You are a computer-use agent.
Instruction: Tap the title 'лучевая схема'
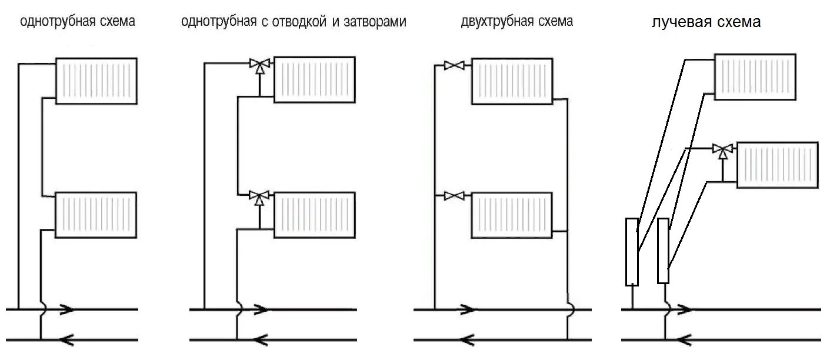(x=706, y=22)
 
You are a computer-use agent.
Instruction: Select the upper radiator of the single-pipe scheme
(x=96, y=81)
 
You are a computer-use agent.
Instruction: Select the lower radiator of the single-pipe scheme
(x=96, y=215)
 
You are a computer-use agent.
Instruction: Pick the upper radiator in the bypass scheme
(x=315, y=79)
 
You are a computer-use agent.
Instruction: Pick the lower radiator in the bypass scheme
(x=315, y=215)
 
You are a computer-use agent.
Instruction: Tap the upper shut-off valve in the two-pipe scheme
(x=454, y=65)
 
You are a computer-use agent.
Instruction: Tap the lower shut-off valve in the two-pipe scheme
(x=454, y=195)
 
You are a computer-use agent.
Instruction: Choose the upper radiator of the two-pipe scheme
(x=512, y=81)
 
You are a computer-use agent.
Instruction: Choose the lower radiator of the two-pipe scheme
(x=512, y=215)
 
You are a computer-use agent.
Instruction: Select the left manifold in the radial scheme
(x=632, y=251)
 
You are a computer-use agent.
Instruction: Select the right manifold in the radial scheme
(x=663, y=251)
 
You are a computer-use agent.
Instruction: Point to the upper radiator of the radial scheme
(x=755, y=76)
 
